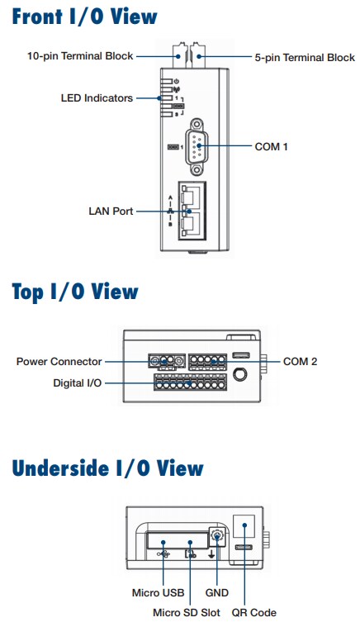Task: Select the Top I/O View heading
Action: tap(75, 292)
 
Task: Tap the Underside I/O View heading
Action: tap(107, 468)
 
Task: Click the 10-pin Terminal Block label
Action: tap(81, 57)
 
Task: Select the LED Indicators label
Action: tap(97, 97)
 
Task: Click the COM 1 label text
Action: tap(272, 146)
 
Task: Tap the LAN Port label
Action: tap(111, 211)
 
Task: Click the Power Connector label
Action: tap(59, 362)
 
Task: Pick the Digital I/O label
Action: tap(78, 384)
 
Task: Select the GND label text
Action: tap(216, 592)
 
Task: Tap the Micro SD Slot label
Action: tap(186, 612)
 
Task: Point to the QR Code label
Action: tap(253, 612)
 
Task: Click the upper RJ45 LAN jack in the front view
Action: tap(191, 197)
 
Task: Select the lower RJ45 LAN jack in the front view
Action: tap(191, 221)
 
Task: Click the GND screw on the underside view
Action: tap(217, 537)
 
